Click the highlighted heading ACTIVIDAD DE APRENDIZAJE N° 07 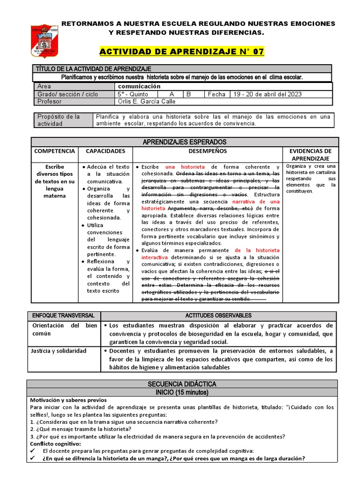[182, 51]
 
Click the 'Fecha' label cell [217, 94]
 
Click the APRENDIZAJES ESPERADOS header [184, 142]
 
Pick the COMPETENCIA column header [54, 151]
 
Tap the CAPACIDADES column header [105, 151]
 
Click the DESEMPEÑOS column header [207, 151]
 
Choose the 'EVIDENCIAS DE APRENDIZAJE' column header [310, 155]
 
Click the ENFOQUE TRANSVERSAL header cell [63, 315]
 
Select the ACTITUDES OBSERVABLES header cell [218, 315]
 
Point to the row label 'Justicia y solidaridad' [59, 351]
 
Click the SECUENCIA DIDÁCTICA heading [182, 384]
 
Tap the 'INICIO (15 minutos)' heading [182, 392]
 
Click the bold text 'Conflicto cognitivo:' [55, 443]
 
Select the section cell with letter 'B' [189, 94]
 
